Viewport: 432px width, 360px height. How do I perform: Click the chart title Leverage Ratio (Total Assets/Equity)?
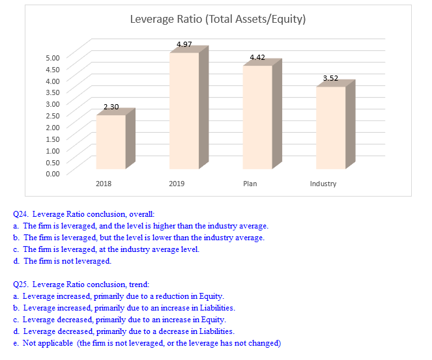coord(218,19)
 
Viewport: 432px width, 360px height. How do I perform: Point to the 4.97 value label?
coord(184,44)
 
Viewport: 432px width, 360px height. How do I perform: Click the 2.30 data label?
coord(111,106)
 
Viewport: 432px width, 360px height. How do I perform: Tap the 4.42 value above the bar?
coord(257,58)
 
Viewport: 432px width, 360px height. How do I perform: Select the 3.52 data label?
coord(331,78)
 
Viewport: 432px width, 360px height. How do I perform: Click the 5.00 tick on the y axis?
coord(52,57)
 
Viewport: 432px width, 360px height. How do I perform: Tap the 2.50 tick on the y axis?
coord(52,115)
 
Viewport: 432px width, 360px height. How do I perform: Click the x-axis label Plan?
coord(250,184)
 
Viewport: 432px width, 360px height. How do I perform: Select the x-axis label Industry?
coord(323,184)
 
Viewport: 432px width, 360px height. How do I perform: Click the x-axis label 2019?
coord(177,184)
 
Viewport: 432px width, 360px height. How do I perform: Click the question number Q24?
coord(20,214)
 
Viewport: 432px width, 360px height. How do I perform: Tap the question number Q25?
coord(20,284)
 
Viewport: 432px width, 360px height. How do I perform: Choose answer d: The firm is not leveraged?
coord(67,261)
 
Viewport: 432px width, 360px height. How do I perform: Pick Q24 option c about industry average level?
coord(110,249)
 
